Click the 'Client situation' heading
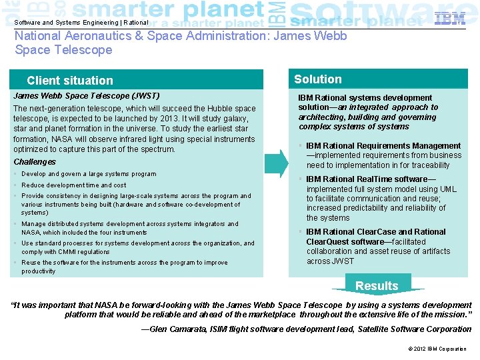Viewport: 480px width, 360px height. (x=70, y=81)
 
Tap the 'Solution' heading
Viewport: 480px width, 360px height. (x=317, y=79)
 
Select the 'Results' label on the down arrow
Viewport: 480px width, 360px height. (x=377, y=286)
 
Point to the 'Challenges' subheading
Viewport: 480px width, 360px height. (x=35, y=162)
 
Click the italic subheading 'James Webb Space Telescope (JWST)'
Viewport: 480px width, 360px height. (x=87, y=96)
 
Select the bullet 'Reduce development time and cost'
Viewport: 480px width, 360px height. (x=73, y=185)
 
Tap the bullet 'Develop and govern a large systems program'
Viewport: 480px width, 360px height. (x=89, y=174)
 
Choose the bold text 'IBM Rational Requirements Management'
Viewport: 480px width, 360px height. (x=383, y=146)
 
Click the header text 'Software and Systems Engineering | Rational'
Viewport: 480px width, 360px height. (x=81, y=23)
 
